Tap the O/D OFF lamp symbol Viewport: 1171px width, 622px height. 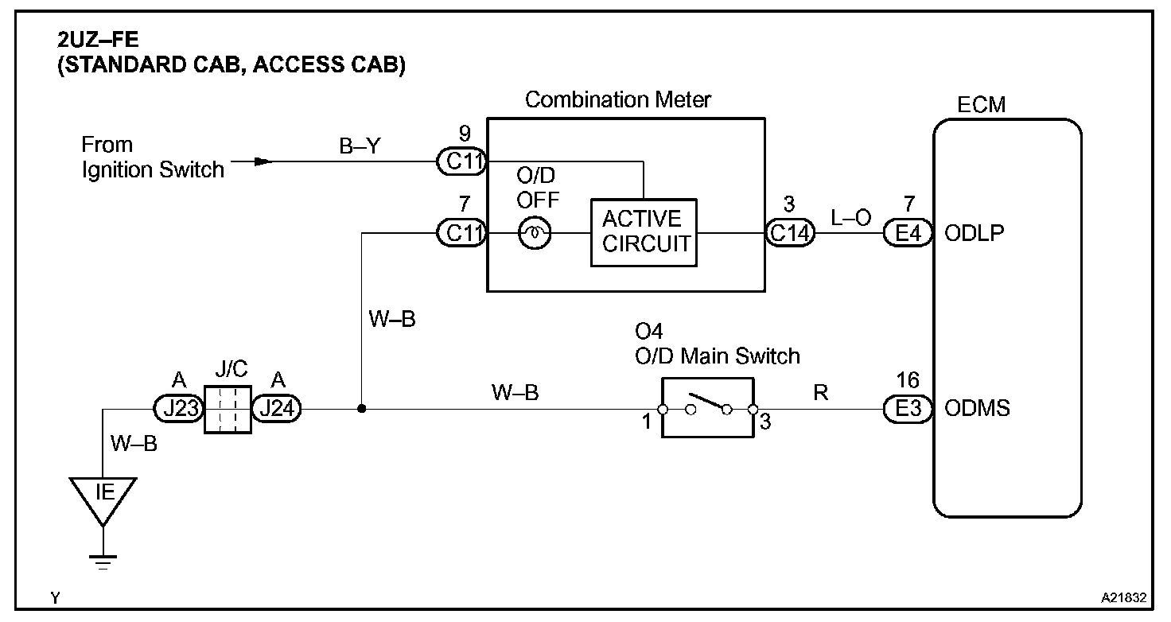click(x=535, y=233)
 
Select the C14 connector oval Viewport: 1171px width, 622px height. click(x=791, y=233)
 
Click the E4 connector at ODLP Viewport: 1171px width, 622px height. click(x=908, y=233)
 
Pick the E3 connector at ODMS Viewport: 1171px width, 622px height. click(x=908, y=409)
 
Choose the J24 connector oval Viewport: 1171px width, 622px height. click(x=277, y=408)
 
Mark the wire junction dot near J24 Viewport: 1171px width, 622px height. click(x=361, y=409)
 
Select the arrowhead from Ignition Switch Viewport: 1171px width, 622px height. click(x=263, y=161)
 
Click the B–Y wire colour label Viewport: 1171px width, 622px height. click(x=360, y=146)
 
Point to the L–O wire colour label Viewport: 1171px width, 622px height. click(x=850, y=217)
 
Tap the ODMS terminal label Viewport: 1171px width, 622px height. click(x=977, y=408)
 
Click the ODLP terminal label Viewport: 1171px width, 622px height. click(x=975, y=233)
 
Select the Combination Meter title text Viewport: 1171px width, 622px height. click(x=618, y=99)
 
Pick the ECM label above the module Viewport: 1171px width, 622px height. click(x=981, y=104)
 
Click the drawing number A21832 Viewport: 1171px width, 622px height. click(x=1123, y=598)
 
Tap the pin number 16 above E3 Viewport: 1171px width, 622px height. click(x=908, y=380)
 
